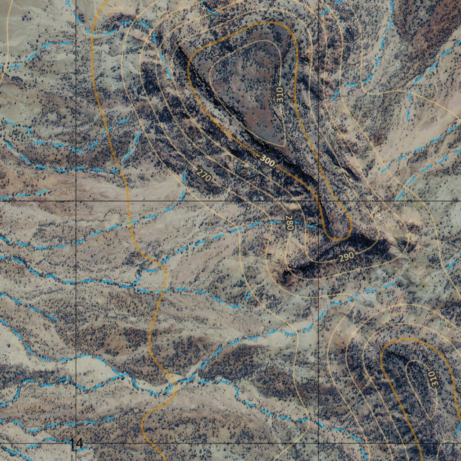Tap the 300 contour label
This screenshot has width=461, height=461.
click(x=267, y=161)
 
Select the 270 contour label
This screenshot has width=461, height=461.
click(x=204, y=174)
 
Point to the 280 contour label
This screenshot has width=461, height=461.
click(x=289, y=223)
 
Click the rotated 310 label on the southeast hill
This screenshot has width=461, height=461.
click(x=432, y=379)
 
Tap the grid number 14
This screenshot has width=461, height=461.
click(x=77, y=443)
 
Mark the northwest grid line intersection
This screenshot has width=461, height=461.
click(x=76, y=201)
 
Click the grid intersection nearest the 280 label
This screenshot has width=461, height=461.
click(x=318, y=201)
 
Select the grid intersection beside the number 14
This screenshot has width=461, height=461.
click(x=76, y=443)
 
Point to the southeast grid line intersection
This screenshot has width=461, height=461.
click(x=318, y=443)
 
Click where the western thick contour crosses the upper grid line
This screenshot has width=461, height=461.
click(x=129, y=201)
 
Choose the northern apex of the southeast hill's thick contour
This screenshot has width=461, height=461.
click(x=405, y=339)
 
